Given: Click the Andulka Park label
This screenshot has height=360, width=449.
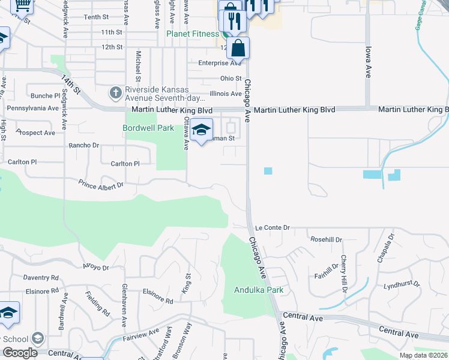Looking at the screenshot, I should pyautogui.click(x=258, y=290).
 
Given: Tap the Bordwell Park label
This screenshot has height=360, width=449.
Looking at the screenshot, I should pyautogui.click(x=148, y=128).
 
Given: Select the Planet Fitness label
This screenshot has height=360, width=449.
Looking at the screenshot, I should pyautogui.click(x=193, y=34).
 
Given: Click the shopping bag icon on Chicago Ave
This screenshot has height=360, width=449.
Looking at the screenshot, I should pyautogui.click(x=238, y=47).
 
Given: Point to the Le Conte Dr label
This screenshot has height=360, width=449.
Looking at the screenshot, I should pyautogui.click(x=272, y=228).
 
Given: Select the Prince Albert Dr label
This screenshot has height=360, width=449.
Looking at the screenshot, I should pyautogui.click(x=101, y=185).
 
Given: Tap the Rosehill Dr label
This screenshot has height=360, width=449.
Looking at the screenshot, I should pyautogui.click(x=326, y=239).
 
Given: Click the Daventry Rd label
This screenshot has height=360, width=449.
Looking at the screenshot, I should pyautogui.click(x=41, y=278).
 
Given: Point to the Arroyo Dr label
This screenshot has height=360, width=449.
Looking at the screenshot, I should pyautogui.click(x=96, y=268).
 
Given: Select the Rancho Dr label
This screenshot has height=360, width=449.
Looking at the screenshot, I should pyautogui.click(x=84, y=145).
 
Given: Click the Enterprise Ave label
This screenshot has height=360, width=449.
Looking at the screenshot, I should pyautogui.click(x=220, y=63).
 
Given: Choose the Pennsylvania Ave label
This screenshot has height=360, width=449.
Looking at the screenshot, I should pyautogui.click(x=32, y=109).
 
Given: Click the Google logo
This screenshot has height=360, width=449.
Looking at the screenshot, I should pyautogui.click(x=20, y=353).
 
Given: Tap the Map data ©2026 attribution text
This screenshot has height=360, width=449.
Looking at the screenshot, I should pyautogui.click(x=424, y=355).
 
